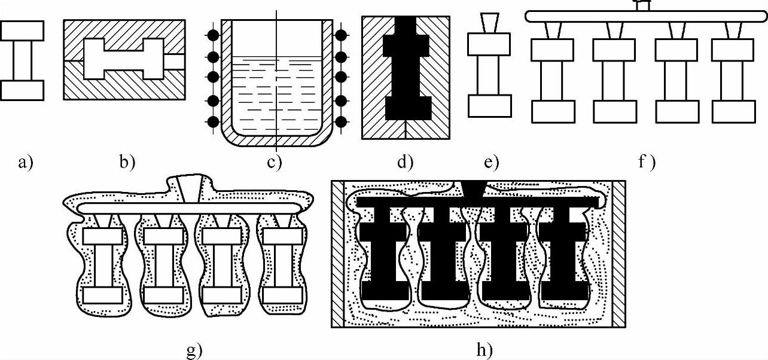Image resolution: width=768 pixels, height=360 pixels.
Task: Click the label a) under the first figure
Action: click(25, 162)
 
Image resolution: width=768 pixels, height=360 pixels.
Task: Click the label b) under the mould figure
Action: click(127, 162)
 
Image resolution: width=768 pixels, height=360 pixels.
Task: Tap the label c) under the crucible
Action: click(274, 162)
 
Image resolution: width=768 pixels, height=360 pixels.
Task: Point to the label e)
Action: click(492, 162)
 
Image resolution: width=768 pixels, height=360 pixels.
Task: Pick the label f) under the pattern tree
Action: click(647, 162)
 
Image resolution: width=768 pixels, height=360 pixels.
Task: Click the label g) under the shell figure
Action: click(194, 349)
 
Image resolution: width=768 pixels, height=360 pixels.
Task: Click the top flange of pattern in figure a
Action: click(22, 30)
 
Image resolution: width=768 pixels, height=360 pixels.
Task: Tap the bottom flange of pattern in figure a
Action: click(22, 90)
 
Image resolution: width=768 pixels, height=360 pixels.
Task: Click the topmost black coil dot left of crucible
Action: click(212, 34)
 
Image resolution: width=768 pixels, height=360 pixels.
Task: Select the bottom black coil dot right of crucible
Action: click(342, 121)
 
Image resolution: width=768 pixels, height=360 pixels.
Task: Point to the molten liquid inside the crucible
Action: click(276, 96)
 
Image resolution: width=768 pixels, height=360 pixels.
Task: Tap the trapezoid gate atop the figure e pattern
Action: click(489, 23)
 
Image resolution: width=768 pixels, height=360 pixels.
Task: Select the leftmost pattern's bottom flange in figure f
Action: click(553, 111)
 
